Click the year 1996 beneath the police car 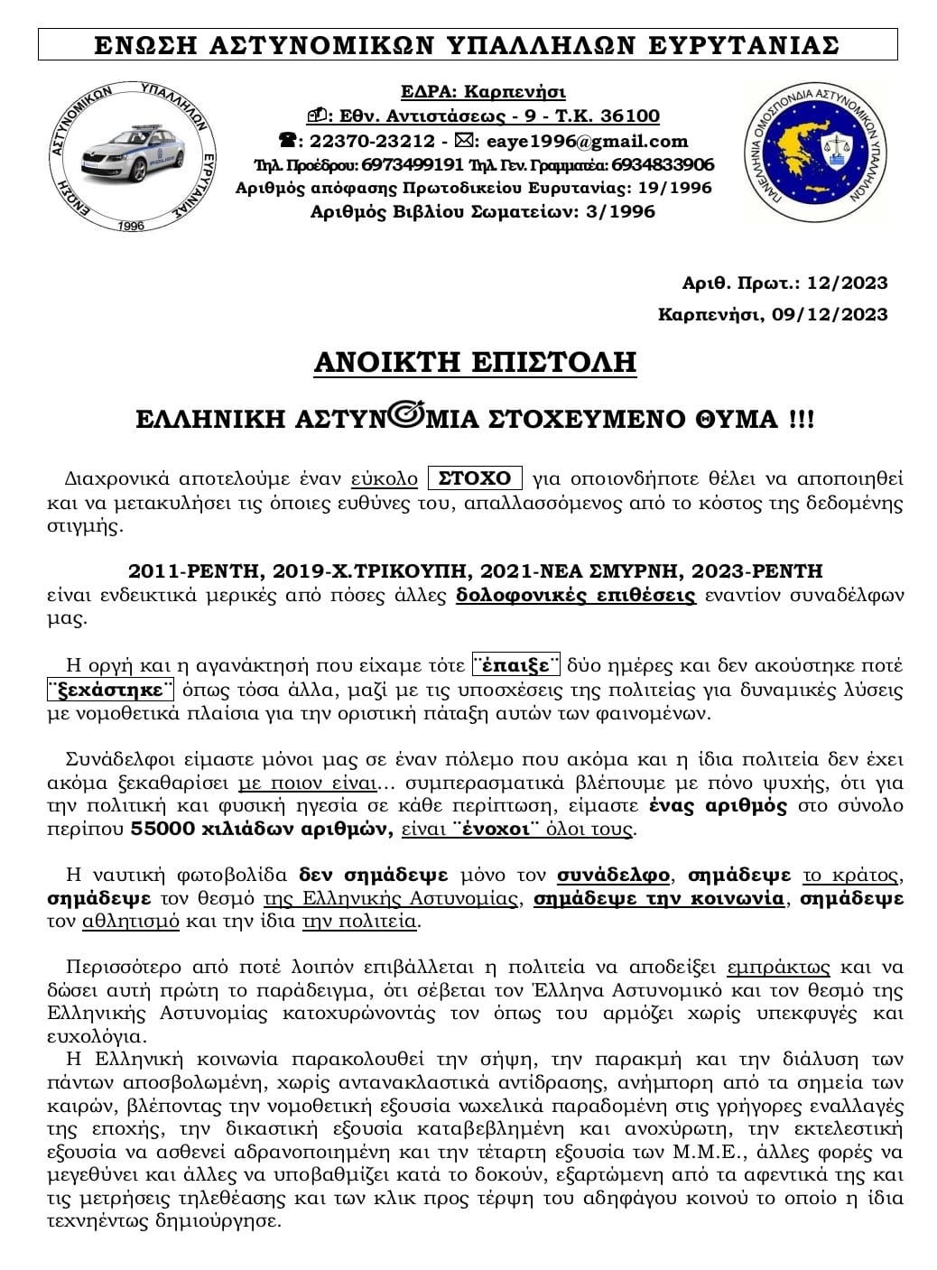[131, 225]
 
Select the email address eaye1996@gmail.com [587, 141]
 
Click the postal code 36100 [629, 116]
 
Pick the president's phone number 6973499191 [413, 164]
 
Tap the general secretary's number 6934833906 [663, 164]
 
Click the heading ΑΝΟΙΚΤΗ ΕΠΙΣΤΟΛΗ [475, 362]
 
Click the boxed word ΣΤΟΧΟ [475, 478]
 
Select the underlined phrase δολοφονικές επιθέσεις [576, 596]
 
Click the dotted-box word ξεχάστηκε [109, 691]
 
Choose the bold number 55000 [159, 829]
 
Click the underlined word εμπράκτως [777, 967]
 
